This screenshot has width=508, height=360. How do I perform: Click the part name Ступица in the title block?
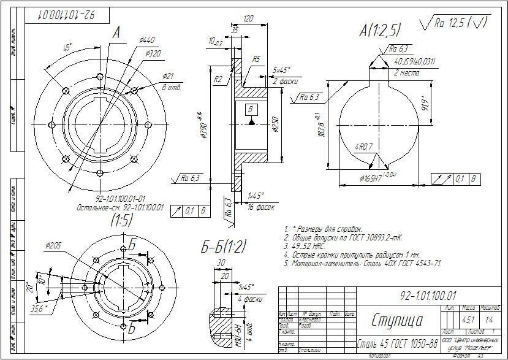pos(396,320)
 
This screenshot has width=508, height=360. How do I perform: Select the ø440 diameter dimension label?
pos(147,40)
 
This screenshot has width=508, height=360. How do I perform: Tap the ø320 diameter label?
pos(153,53)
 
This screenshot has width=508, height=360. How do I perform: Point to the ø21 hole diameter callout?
pos(169,76)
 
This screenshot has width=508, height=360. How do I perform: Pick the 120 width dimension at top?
pos(248,20)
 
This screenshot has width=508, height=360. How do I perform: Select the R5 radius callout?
pos(257,59)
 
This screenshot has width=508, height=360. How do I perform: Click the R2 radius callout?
pos(218,80)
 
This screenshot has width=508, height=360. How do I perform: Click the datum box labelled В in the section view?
pos(251,109)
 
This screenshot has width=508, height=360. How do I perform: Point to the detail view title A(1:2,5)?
pos(380,30)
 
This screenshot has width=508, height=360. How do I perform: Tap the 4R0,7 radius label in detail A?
pos(364,147)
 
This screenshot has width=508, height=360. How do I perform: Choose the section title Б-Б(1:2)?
pos(224,247)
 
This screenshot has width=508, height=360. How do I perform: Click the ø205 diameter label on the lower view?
pos(53,245)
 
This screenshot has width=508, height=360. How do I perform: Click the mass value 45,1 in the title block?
pos(469,319)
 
